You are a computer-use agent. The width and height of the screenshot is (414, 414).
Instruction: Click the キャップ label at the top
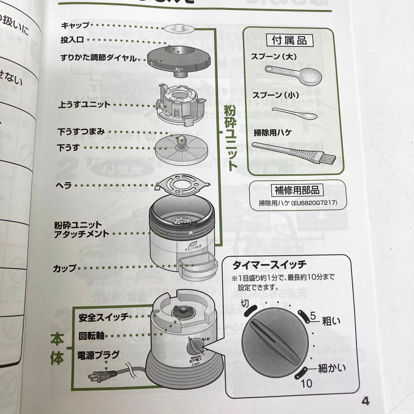[x=75, y=26]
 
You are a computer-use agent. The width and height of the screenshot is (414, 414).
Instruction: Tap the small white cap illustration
[x=179, y=28]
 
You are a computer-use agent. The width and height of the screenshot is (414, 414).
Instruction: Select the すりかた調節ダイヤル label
[x=98, y=58]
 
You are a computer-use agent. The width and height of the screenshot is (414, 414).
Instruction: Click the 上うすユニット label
[x=85, y=104]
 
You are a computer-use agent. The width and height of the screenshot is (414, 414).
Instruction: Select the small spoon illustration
[x=297, y=113]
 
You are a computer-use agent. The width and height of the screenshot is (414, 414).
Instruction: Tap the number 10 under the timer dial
[x=306, y=383]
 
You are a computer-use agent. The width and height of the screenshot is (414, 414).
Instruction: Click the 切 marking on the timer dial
[x=245, y=304]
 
